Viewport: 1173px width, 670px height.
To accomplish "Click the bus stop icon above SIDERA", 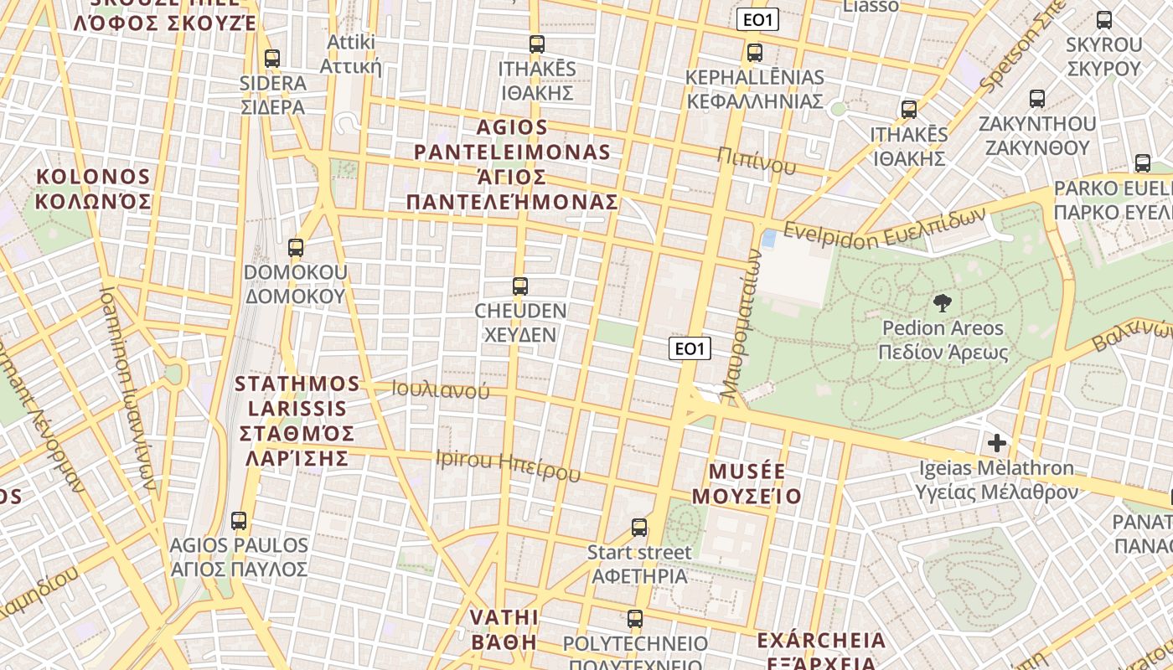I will [x=271, y=59].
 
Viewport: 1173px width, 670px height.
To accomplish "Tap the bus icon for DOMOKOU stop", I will [x=295, y=248].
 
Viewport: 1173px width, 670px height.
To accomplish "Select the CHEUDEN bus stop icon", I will [x=520, y=286].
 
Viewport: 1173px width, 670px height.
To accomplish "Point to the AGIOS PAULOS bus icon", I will [x=239, y=521].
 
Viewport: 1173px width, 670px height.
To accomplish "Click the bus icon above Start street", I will [x=639, y=528].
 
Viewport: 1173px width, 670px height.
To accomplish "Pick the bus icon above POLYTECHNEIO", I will [x=635, y=620].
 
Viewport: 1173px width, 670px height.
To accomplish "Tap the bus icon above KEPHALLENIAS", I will [x=755, y=53].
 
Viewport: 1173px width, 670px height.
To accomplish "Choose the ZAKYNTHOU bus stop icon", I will [x=1037, y=99].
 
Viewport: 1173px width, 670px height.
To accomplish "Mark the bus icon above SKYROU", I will [x=1104, y=20].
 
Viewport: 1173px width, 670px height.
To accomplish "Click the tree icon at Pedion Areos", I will [x=943, y=303].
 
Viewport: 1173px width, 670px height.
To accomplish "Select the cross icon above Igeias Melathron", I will [x=997, y=442].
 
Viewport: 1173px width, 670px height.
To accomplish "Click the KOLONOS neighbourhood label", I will [x=93, y=189].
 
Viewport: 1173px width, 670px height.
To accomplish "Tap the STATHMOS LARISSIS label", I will [x=297, y=421].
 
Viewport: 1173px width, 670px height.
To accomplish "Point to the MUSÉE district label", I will [x=747, y=483].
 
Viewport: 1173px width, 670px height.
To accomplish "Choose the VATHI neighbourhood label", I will [x=503, y=630].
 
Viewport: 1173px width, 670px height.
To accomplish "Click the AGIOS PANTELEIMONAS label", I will [x=513, y=165].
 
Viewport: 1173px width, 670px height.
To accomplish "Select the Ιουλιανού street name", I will [x=440, y=389].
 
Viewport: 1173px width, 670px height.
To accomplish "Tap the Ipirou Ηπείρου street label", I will [x=508, y=466].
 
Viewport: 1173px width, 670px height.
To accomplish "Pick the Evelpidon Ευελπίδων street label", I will [x=885, y=229].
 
